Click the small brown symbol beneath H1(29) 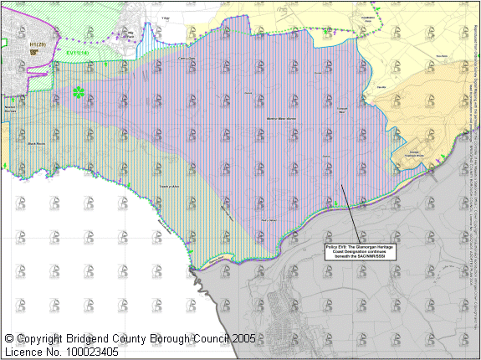pyautogui.click(x=34, y=51)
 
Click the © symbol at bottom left pyautogui.click(x=9, y=339)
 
